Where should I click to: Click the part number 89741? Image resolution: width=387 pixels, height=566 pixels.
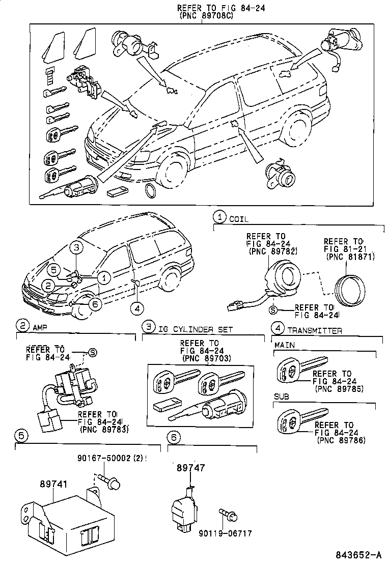(x=54, y=486)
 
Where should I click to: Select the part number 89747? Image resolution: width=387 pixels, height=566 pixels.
(x=191, y=467)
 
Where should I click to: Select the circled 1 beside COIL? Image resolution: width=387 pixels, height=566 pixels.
(x=219, y=217)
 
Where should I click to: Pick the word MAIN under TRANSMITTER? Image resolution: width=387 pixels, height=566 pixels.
(x=285, y=346)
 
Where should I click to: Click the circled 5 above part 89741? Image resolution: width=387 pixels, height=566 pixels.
(x=21, y=436)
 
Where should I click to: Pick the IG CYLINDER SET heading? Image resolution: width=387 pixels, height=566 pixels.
(x=196, y=330)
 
